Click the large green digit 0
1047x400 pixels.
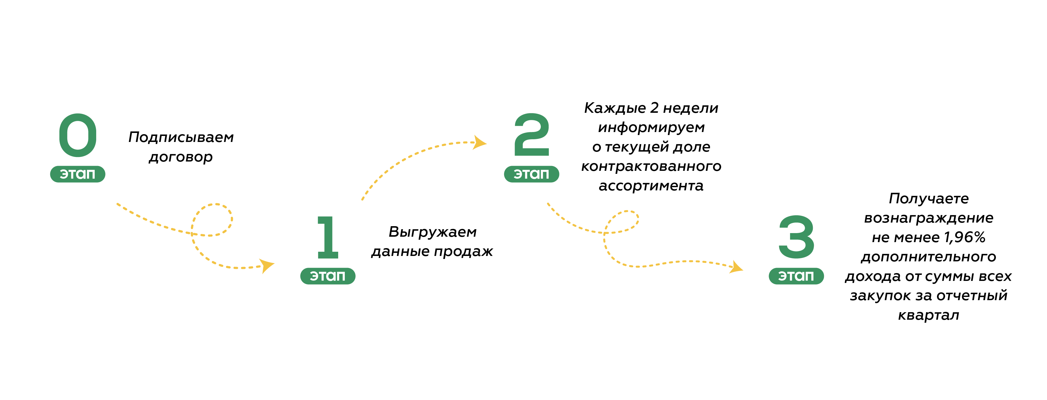coord(78,135)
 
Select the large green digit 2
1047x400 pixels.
coord(532,135)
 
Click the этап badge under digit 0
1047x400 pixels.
coord(78,174)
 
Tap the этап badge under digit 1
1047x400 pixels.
coord(328,276)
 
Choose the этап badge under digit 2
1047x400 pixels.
coord(532,174)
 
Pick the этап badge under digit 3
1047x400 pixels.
coord(796,276)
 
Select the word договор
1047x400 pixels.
coord(181,157)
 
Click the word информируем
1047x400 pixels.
coord(651,128)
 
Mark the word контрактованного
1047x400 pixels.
coord(651,166)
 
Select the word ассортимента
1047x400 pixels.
coord(651,186)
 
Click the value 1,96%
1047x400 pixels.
coord(965,237)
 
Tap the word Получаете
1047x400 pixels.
coord(929,199)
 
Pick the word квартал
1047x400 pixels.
coord(929,315)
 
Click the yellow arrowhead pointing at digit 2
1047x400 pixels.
coord(479,143)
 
